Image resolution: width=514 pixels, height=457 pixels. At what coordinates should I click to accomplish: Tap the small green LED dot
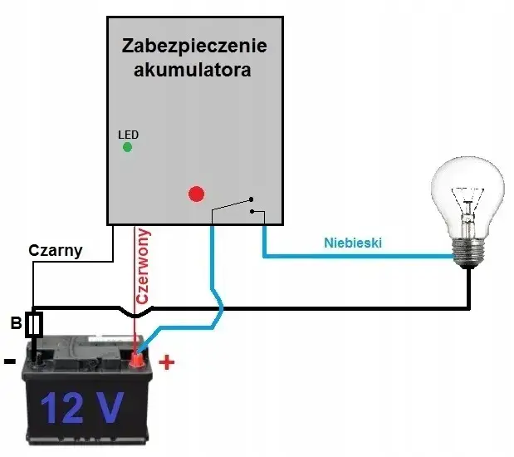(x=127, y=147)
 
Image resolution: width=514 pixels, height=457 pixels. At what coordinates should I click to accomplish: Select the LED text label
(x=128, y=134)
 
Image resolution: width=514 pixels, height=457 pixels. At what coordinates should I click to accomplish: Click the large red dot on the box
(x=196, y=194)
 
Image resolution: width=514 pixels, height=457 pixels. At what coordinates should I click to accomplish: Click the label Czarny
(x=56, y=249)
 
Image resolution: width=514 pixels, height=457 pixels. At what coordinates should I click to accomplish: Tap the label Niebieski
(x=352, y=243)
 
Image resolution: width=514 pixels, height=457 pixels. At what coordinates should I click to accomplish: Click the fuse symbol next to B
(x=34, y=325)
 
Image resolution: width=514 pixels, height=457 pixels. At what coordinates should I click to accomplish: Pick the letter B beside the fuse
(x=16, y=323)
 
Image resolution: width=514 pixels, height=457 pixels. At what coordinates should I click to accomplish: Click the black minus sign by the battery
(x=9, y=361)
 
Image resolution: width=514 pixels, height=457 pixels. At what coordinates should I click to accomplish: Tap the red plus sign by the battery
(x=166, y=362)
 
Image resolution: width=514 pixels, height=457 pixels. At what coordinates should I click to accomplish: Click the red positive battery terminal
(x=135, y=360)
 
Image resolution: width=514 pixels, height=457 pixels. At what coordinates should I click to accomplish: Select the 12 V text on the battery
(x=81, y=407)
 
